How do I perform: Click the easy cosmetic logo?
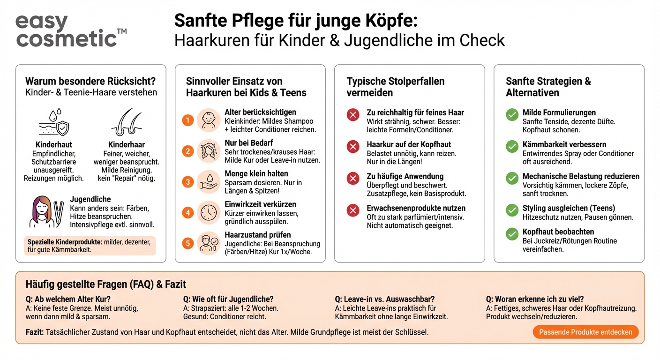pyautogui.click(x=70, y=31)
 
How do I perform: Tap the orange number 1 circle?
pyautogui.click(x=188, y=120)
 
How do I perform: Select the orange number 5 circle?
pyautogui.click(x=188, y=243)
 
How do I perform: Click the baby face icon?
pyautogui.click(x=208, y=120)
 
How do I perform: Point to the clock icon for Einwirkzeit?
pyautogui.click(x=208, y=213)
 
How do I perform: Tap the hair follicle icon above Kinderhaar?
pyautogui.click(x=126, y=123)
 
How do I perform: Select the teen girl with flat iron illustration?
pyautogui.click(x=47, y=212)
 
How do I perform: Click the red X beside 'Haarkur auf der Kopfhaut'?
pyautogui.click(x=353, y=147)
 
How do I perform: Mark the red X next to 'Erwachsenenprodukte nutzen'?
pyautogui.click(x=353, y=210)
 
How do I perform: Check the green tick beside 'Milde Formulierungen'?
pyautogui.click(x=512, y=115)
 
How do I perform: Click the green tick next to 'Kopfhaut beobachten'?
pyautogui.click(x=512, y=234)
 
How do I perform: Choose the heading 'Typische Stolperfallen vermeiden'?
pyautogui.click(x=395, y=87)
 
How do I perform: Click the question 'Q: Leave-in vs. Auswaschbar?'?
pyautogui.click(x=384, y=299)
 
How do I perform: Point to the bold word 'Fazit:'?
pyautogui.click(x=35, y=332)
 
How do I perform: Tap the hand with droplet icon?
pyautogui.click(x=208, y=182)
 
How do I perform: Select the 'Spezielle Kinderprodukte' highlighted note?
pyautogui.click(x=90, y=246)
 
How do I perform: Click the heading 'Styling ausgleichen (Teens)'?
pyautogui.click(x=569, y=208)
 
